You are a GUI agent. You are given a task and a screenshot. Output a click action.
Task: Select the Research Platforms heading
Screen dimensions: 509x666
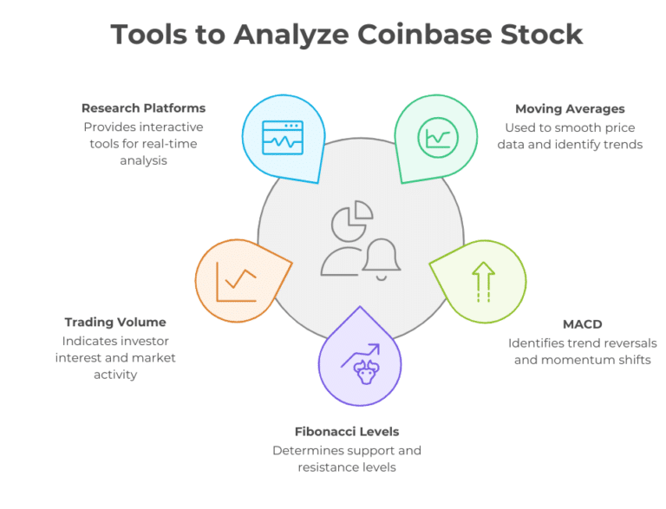coord(143,108)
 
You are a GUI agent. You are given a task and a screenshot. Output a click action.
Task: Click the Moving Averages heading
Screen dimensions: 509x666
coord(570,108)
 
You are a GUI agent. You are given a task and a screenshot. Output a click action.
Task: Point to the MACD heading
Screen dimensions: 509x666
coord(582,324)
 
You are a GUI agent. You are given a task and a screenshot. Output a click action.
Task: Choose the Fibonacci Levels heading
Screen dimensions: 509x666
coord(346,431)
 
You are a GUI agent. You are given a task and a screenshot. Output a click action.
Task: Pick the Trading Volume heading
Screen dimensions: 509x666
coord(115,323)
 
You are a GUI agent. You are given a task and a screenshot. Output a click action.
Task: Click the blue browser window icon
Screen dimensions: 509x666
coord(283,136)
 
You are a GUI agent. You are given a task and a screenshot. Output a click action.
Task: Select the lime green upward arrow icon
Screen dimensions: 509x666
coord(482,283)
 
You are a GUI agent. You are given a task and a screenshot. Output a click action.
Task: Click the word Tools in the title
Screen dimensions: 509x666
coord(152,34)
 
